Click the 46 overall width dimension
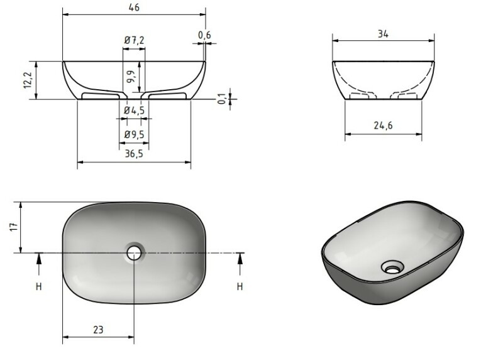pos(134,8)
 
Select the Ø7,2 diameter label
pos(134,40)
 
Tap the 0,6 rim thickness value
pos(205,35)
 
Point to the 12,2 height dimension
pos(28,80)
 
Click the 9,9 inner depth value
pos(131,77)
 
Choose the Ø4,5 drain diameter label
pos(134,110)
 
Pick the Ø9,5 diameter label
pos(134,134)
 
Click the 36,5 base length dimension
pos(134,154)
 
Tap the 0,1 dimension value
pos(221,99)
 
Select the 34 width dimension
pos(383,34)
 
